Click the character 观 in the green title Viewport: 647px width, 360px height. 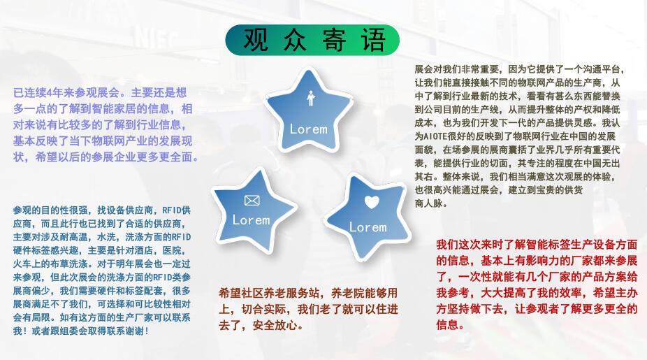[256, 40]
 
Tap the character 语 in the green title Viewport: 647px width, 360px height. [373, 40]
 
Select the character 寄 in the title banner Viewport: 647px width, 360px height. [334, 40]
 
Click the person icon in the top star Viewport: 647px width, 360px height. [311, 99]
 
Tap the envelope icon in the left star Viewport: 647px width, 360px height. [252, 201]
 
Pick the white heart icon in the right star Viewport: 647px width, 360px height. [372, 202]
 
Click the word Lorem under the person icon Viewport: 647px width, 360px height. [308, 129]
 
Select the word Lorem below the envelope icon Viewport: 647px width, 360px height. [251, 220]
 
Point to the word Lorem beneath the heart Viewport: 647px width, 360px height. [368, 227]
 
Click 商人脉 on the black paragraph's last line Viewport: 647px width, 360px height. [429, 203]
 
